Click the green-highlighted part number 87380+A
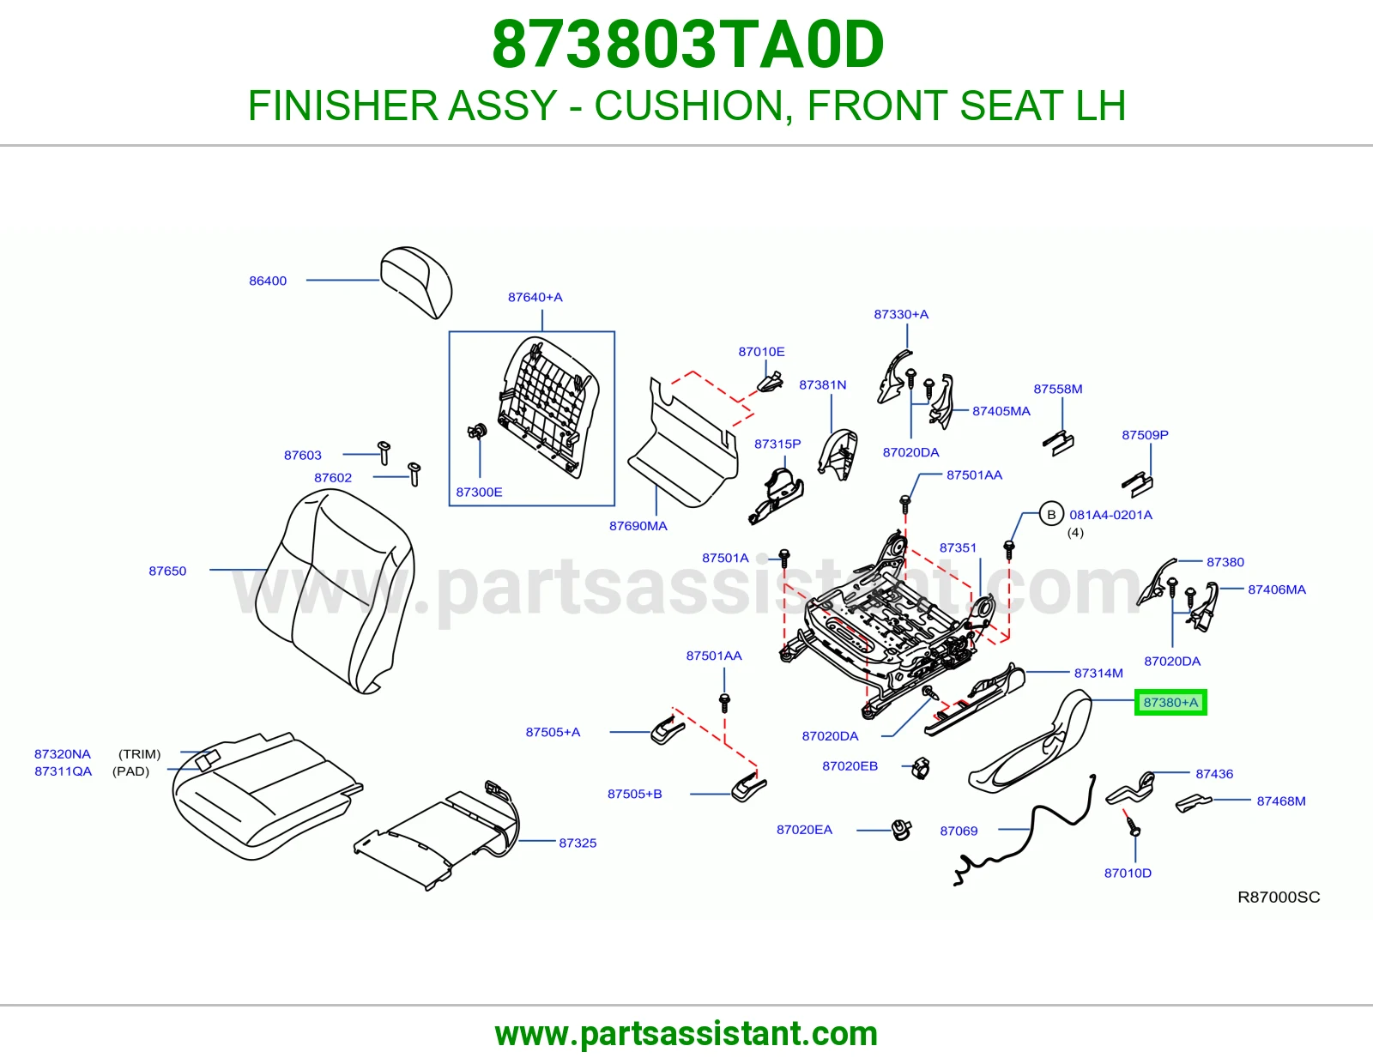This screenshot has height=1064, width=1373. click(1170, 702)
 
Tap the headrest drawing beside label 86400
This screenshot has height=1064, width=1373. click(416, 281)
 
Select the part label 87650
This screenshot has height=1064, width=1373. click(167, 571)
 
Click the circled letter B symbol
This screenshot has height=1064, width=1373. click(1051, 514)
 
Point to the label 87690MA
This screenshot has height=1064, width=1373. click(638, 526)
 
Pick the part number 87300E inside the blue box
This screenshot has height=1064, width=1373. click(479, 492)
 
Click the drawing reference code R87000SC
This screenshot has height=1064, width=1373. click(1279, 897)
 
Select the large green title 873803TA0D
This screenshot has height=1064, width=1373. click(687, 45)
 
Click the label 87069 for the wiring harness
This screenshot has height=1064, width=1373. click(959, 831)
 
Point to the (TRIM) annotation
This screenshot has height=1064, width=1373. click(140, 753)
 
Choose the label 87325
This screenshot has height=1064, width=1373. click(578, 843)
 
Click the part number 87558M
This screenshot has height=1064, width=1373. click(1058, 389)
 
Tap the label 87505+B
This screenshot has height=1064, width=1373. click(634, 794)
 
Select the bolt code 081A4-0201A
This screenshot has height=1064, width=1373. click(1110, 515)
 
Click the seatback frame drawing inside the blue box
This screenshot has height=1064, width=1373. click(548, 407)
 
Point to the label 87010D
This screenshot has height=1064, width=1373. click(1128, 873)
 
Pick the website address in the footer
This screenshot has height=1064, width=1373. click(686, 1033)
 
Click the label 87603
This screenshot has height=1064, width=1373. click(303, 455)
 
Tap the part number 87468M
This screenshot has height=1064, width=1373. click(1280, 801)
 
